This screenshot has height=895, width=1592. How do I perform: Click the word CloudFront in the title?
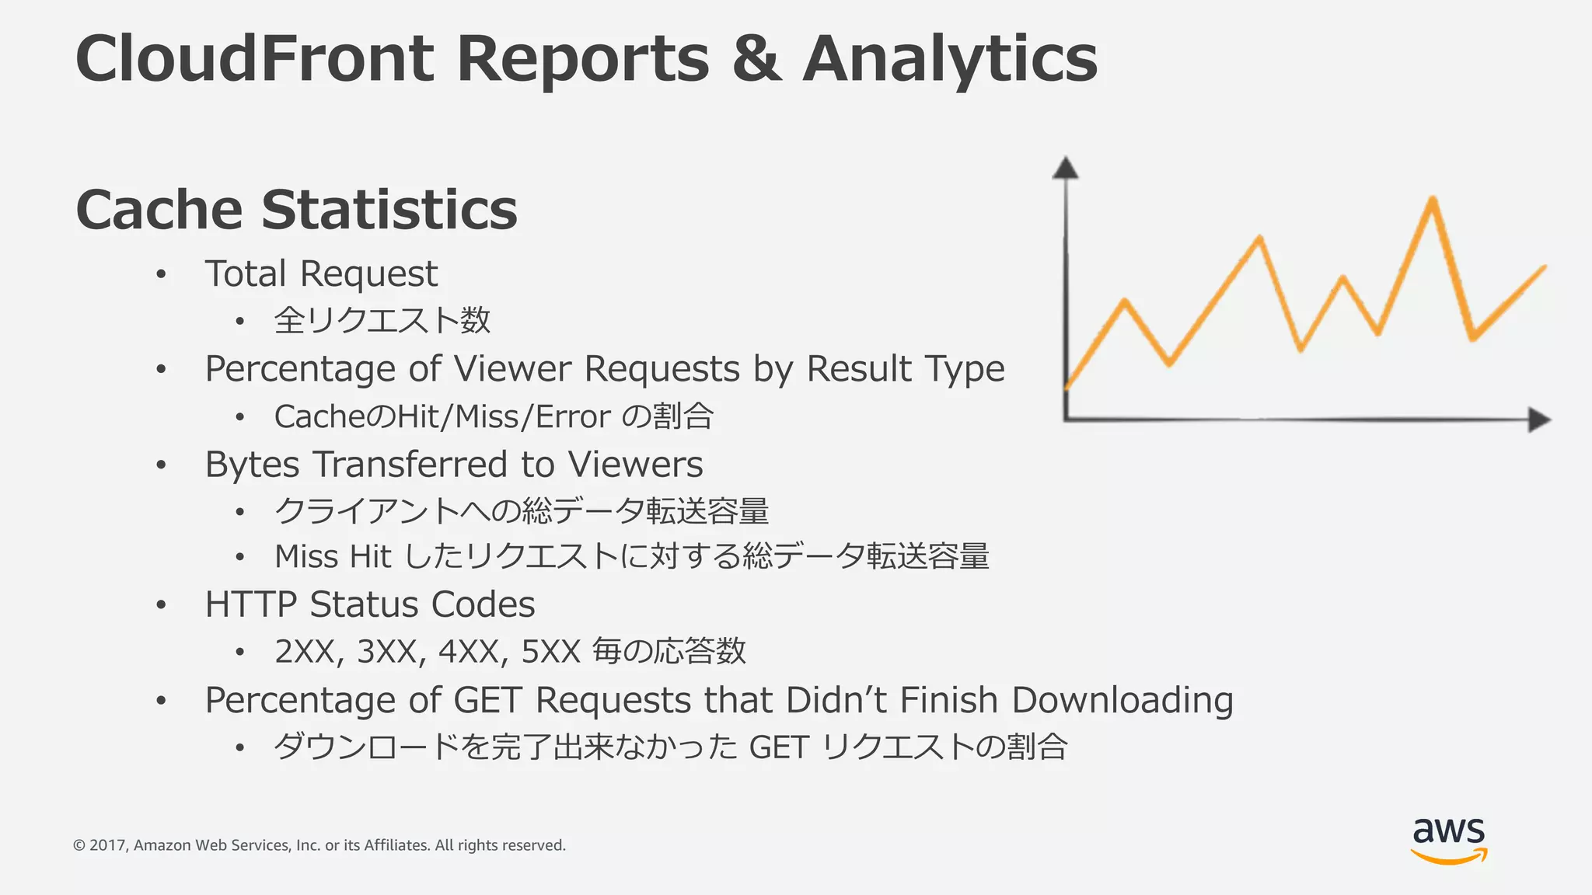pos(255,59)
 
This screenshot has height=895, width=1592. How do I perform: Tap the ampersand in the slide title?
pos(756,59)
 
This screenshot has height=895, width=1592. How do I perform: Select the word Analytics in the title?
pos(949,59)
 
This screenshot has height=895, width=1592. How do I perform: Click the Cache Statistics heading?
pos(296,210)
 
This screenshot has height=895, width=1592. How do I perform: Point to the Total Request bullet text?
pos(321,273)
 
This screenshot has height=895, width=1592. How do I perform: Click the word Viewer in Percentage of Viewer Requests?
pos(512,368)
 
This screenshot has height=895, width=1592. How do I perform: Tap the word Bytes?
pos(252,465)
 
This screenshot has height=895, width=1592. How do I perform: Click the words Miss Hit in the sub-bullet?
pos(333,556)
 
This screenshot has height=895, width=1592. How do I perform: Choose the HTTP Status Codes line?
pos(370,604)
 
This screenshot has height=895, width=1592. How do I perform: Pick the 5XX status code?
pos(551,651)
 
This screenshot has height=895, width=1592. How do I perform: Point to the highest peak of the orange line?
pos(1432,200)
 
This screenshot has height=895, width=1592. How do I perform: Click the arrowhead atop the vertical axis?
pos(1065,168)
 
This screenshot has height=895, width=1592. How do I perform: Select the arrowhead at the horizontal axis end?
pos(1538,420)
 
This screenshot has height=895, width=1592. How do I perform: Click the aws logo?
pos(1449,840)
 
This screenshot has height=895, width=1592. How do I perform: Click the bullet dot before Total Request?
pos(161,274)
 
